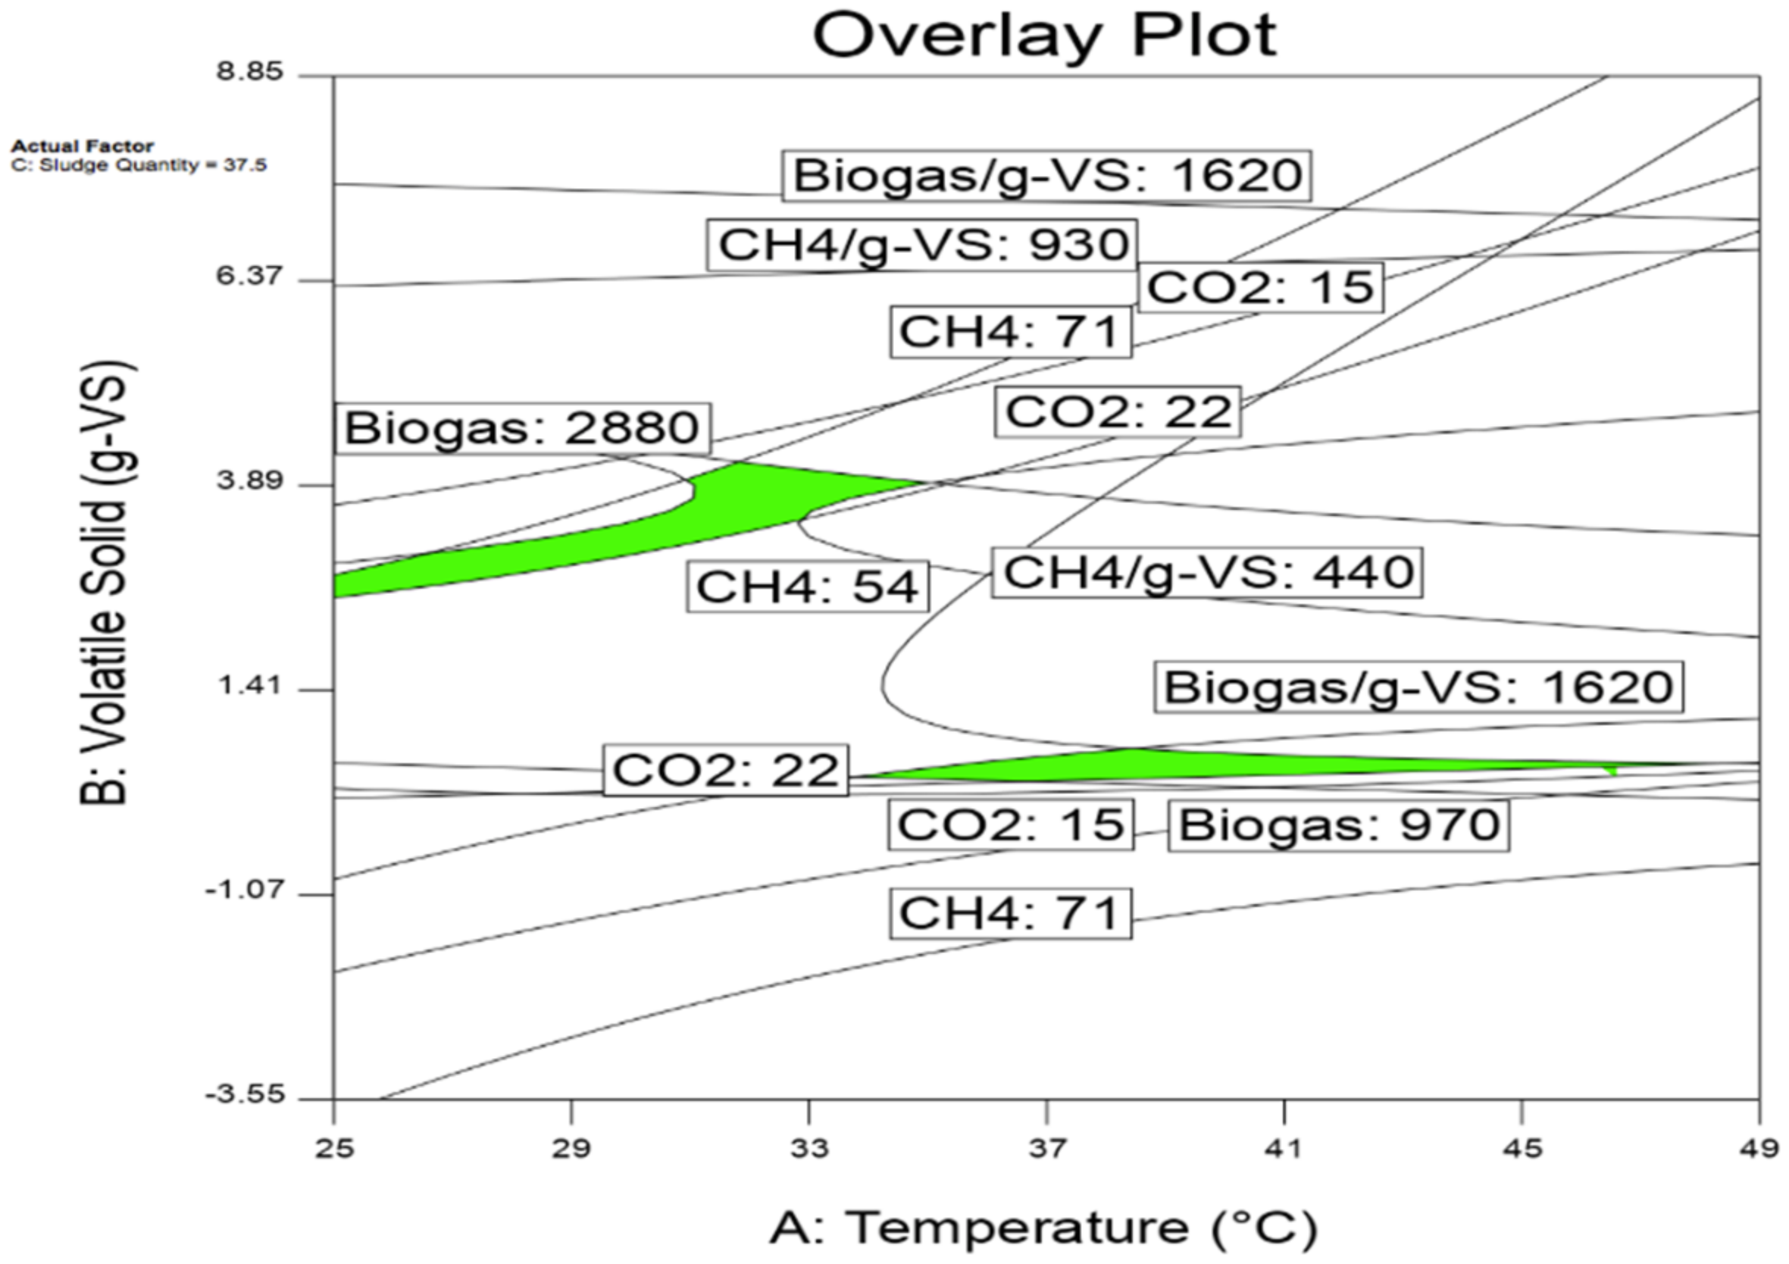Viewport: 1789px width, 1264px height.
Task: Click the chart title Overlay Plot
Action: (x=1044, y=36)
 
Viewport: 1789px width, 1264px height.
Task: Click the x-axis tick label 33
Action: (x=808, y=1149)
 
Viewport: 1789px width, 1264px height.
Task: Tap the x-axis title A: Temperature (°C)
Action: (x=1044, y=1228)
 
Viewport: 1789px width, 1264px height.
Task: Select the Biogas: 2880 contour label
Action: (x=522, y=428)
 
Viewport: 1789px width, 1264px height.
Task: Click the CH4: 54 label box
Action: (x=807, y=587)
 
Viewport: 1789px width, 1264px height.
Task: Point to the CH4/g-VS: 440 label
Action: (x=1207, y=572)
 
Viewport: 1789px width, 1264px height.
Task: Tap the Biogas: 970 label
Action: (x=1339, y=825)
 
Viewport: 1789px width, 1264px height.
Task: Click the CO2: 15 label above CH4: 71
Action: (x=1260, y=286)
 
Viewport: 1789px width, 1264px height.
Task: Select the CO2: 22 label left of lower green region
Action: (x=725, y=770)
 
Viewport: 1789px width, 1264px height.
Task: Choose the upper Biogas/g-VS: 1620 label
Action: (x=1047, y=174)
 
